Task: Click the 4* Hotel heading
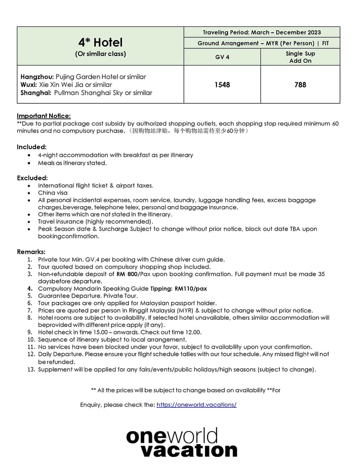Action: [100, 43]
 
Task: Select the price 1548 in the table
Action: [222, 85]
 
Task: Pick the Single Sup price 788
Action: [300, 85]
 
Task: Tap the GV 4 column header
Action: [222, 57]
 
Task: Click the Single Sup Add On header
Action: [300, 57]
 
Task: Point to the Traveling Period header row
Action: [262, 32]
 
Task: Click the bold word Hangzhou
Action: [37, 77]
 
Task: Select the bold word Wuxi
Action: [29, 85]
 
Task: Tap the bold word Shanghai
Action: [36, 93]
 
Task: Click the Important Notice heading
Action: [44, 116]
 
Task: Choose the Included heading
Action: [31, 147]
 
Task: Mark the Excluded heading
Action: [32, 178]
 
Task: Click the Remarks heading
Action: [31, 252]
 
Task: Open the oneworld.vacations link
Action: [196, 405]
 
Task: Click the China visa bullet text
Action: [53, 192]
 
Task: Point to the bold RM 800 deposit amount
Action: [127, 274]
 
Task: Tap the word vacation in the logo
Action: [189, 450]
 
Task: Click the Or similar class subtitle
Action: [100, 54]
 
